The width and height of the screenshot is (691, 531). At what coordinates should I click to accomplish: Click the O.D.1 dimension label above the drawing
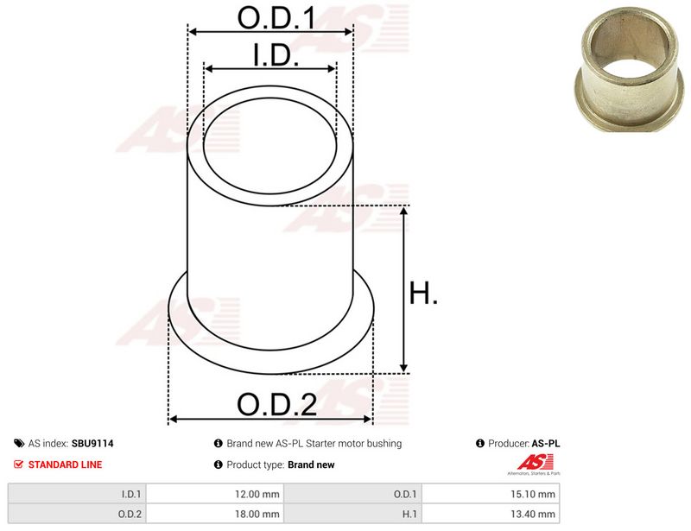point(276,18)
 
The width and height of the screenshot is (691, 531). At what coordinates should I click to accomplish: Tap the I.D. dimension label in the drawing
point(276,55)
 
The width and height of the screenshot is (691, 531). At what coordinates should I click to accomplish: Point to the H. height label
point(423,293)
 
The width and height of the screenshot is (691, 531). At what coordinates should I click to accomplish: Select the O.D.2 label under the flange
point(276,405)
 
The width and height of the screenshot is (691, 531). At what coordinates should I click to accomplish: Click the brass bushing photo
point(630,68)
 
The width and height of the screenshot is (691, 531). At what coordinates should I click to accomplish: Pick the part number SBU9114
point(92,443)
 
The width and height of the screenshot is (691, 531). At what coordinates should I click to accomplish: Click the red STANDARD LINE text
point(66,465)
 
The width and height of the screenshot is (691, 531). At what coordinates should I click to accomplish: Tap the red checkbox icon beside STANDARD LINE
point(18,464)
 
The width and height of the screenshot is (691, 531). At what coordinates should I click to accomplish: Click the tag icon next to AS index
point(19,443)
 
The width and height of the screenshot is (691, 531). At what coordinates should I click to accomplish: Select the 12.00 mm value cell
point(214,494)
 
